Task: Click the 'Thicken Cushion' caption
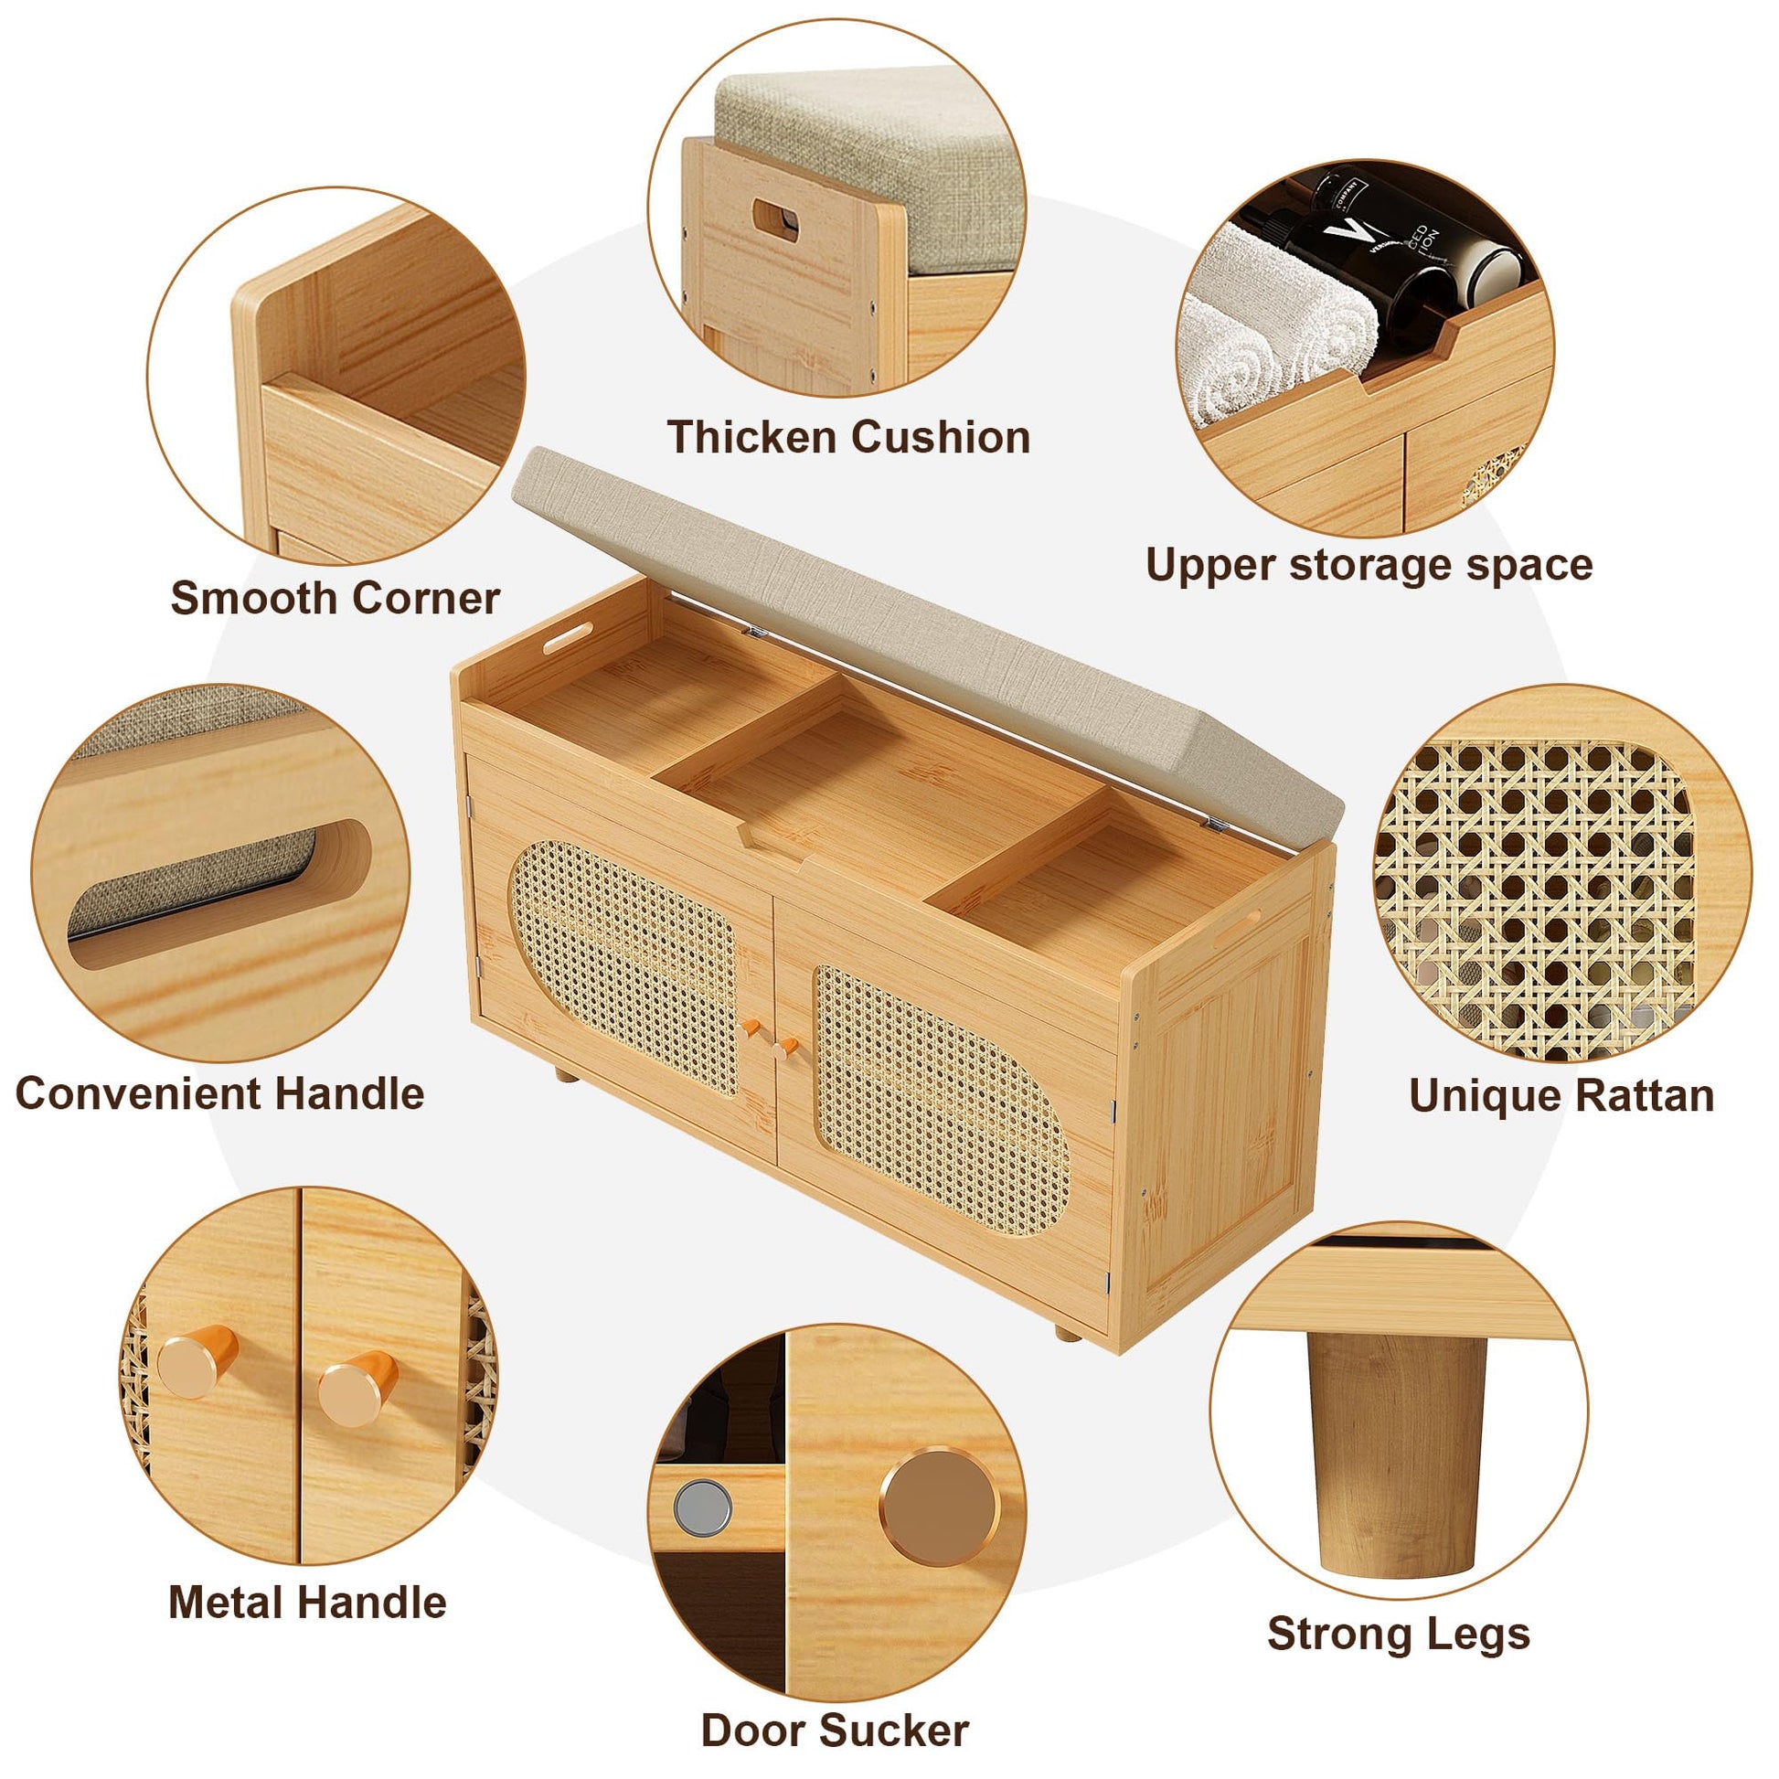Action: click(x=848, y=436)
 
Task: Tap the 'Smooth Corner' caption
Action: click(x=336, y=599)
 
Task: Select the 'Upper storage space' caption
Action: click(x=1369, y=564)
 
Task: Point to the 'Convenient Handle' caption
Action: click(x=220, y=1094)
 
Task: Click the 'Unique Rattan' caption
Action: click(x=1561, y=1096)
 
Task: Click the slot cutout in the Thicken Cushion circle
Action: click(x=776, y=220)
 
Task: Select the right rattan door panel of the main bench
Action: click(x=942, y=1100)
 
